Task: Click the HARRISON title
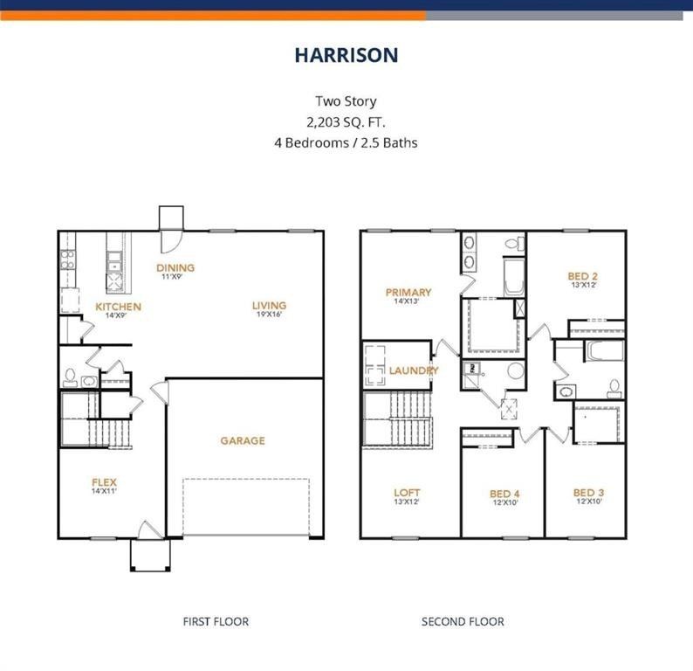(346, 55)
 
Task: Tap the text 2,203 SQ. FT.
(346, 121)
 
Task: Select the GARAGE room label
(243, 441)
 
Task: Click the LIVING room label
(269, 306)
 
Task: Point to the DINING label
(175, 268)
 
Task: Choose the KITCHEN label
(118, 307)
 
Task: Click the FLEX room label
(105, 482)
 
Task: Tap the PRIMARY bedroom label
(408, 293)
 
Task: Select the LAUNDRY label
(414, 370)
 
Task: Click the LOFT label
(408, 493)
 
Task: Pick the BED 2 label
(583, 276)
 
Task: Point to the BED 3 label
(588, 493)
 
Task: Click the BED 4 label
(505, 494)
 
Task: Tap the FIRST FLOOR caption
(216, 622)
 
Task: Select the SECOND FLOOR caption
(463, 622)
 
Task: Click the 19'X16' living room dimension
(269, 316)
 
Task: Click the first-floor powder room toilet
(71, 377)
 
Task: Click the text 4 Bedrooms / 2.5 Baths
(346, 142)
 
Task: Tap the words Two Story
(346, 101)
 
